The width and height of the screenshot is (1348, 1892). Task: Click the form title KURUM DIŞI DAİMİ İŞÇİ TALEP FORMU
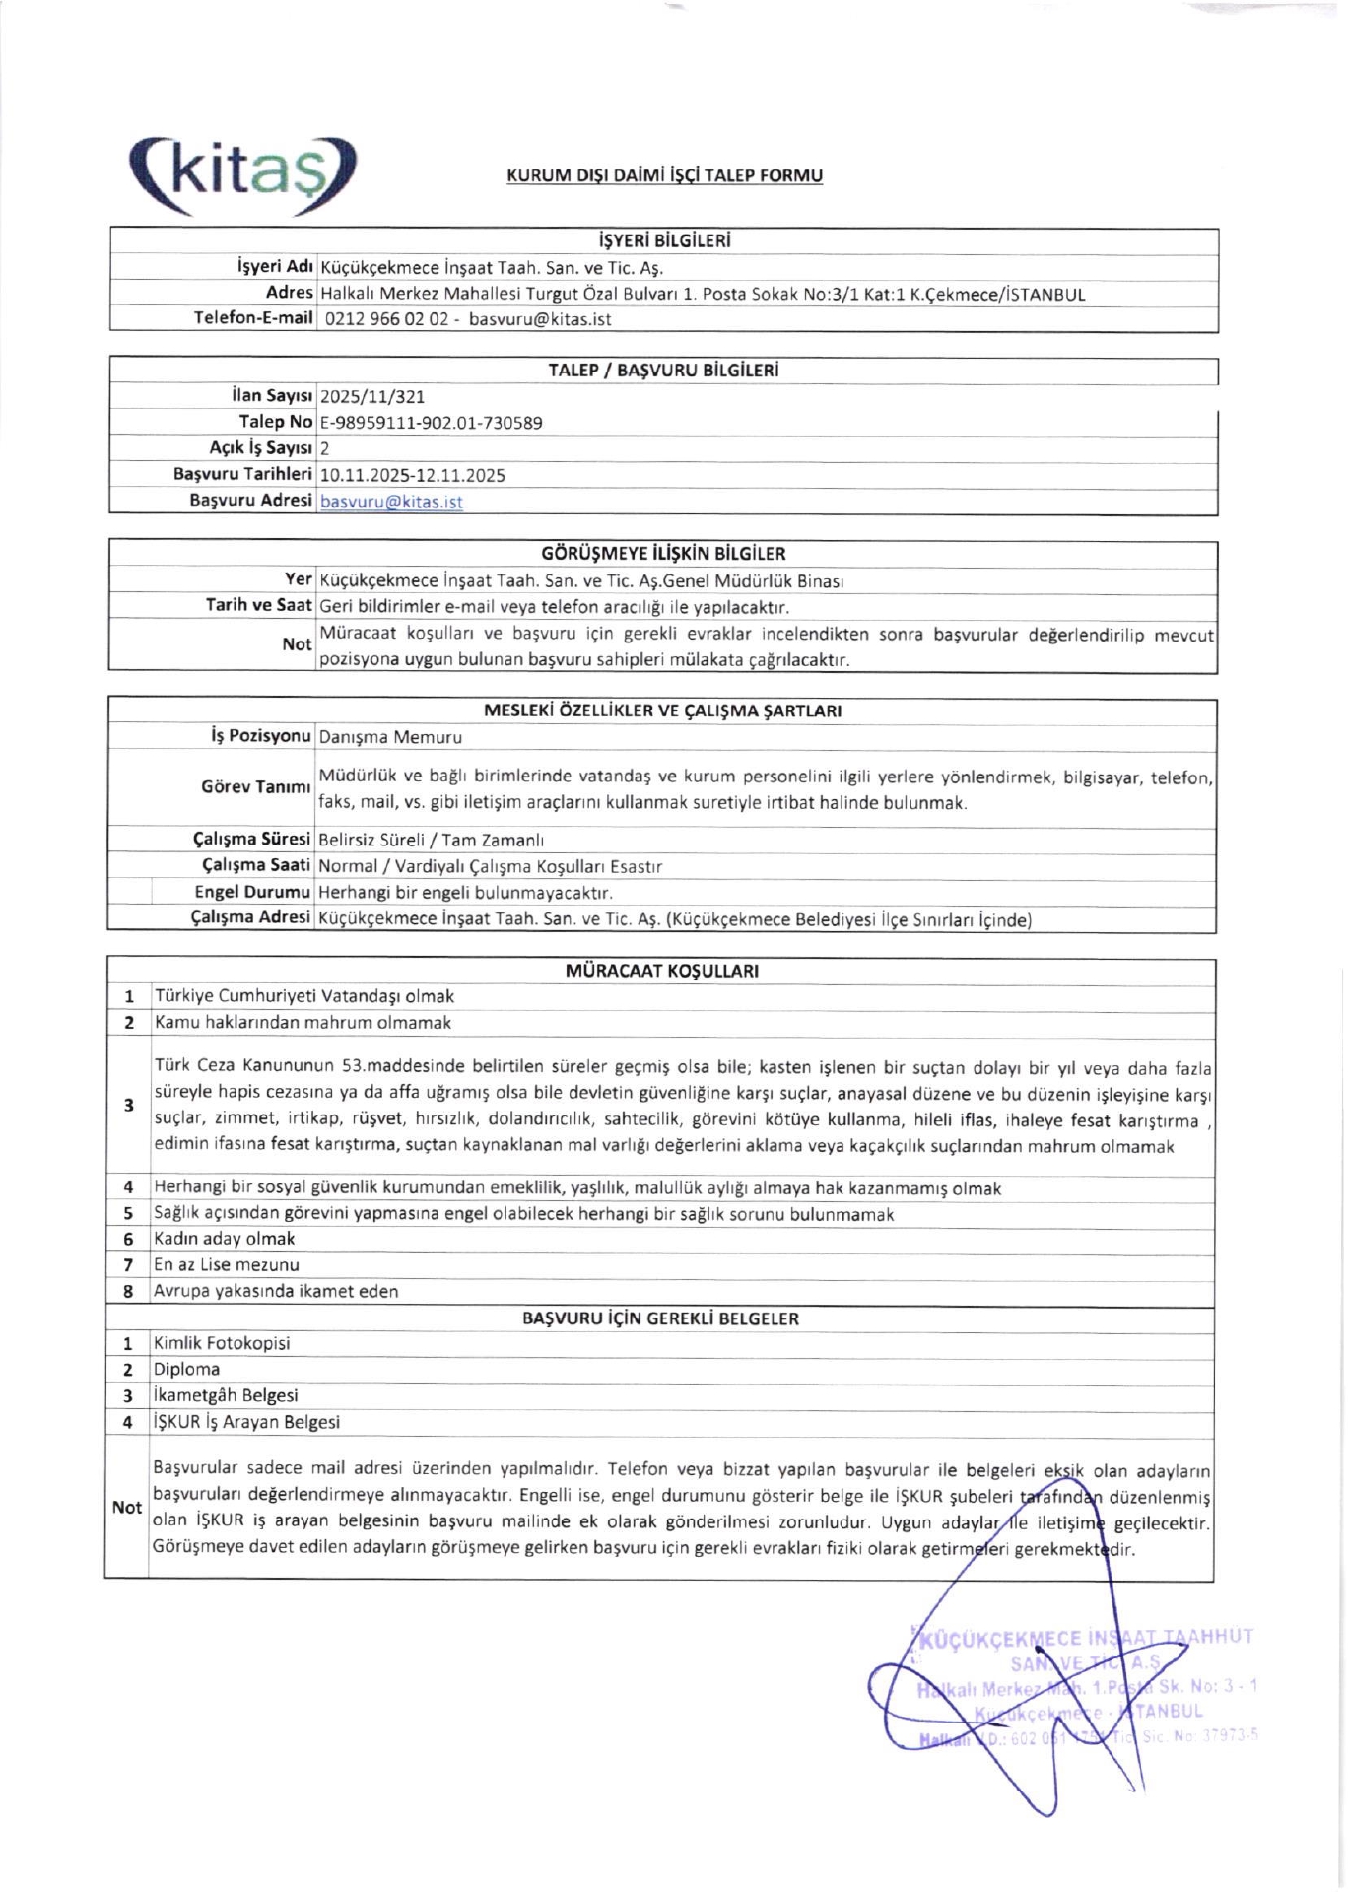(x=664, y=176)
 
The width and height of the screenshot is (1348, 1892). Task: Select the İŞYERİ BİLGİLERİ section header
(x=664, y=241)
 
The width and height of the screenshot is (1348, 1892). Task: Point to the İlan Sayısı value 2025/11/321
(x=372, y=397)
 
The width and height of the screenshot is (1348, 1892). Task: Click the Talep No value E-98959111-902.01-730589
(x=431, y=423)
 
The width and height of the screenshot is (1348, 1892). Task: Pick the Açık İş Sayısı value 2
(x=325, y=448)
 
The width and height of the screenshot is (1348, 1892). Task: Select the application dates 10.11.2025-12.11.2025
(x=412, y=475)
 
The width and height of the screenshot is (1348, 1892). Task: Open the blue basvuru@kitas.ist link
(x=391, y=502)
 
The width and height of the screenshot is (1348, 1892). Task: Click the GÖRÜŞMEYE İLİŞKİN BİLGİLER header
(x=663, y=554)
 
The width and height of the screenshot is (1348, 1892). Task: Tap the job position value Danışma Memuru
(x=390, y=737)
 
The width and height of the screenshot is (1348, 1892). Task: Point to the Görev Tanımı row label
(x=255, y=787)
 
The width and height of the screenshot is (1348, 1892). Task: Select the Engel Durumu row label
(x=252, y=893)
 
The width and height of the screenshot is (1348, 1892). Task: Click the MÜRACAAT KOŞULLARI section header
(x=662, y=971)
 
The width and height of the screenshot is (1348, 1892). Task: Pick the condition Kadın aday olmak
(x=225, y=1239)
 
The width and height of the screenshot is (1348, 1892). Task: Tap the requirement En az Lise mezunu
(x=227, y=1265)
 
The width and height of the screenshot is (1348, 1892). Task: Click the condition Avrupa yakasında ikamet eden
(x=276, y=1291)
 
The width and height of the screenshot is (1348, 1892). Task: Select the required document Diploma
(x=186, y=1370)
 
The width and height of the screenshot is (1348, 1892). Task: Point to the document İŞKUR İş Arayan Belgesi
(x=246, y=1422)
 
